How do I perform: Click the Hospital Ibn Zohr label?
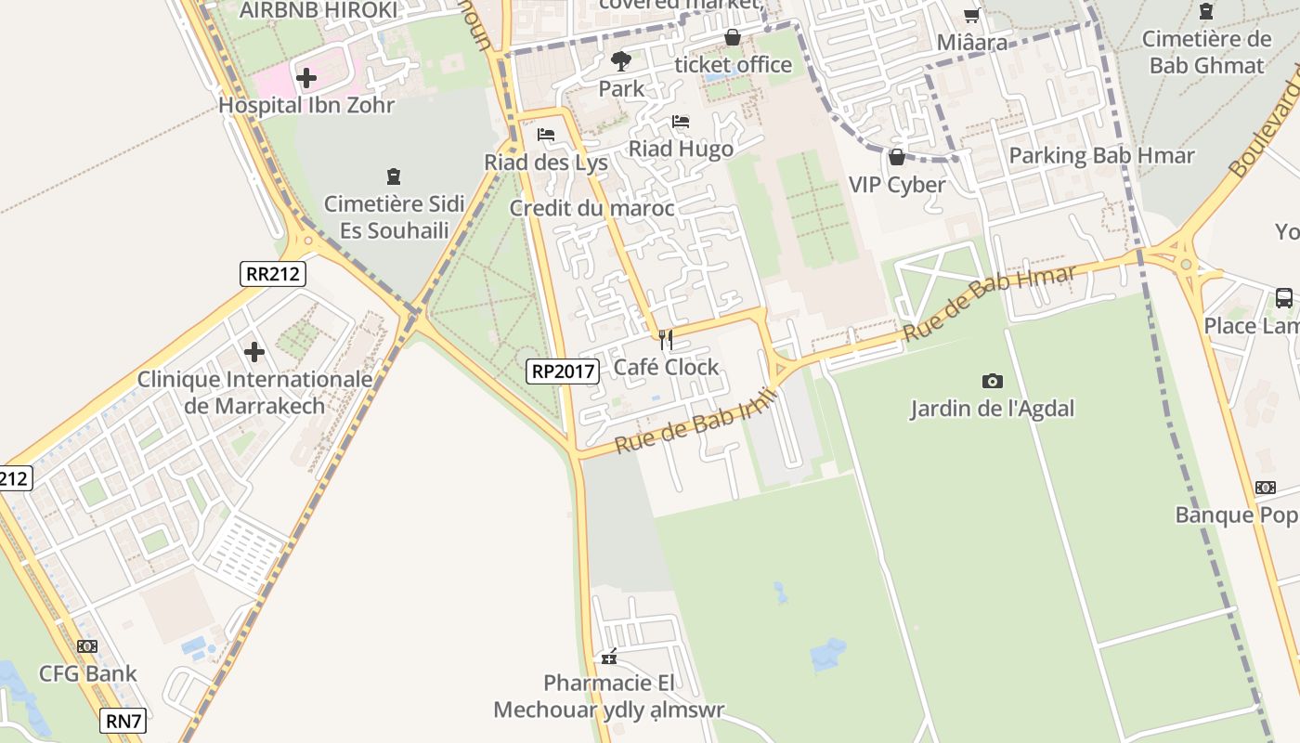(306, 105)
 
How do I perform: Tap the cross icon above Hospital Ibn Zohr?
(306, 78)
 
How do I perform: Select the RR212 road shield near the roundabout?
(273, 273)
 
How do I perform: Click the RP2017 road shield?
(563, 371)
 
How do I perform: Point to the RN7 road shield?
(123, 720)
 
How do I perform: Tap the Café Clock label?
(666, 367)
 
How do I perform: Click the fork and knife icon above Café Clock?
(665, 340)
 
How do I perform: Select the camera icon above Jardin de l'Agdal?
(992, 381)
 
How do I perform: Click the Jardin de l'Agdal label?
(992, 408)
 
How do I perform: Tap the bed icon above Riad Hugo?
(681, 122)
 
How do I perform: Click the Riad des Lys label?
(546, 163)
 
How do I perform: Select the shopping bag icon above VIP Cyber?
(897, 157)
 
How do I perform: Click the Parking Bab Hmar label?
(1101, 155)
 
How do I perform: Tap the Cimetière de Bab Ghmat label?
(1206, 52)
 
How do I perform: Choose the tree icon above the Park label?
(621, 62)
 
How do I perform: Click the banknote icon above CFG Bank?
(87, 646)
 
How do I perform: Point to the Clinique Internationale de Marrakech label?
(255, 392)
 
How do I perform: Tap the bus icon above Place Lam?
(1284, 298)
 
